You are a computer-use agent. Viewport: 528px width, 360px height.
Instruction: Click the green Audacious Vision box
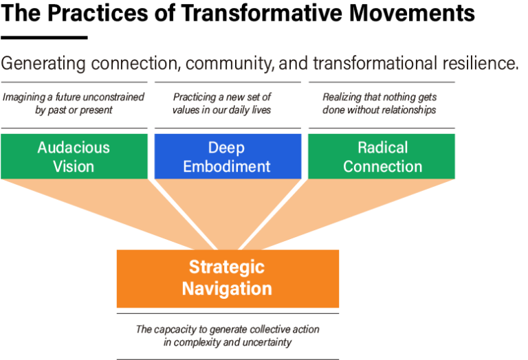74,156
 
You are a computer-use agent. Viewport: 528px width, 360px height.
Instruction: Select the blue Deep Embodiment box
228,156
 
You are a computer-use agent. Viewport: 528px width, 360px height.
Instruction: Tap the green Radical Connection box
382,156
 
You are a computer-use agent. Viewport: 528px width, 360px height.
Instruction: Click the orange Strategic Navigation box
228,278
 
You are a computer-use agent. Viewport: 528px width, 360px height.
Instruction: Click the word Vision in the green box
74,166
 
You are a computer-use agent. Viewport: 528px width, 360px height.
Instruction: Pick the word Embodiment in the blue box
228,166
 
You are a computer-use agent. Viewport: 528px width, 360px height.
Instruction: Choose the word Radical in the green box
382,147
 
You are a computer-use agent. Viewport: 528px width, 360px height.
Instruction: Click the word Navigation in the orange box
227,289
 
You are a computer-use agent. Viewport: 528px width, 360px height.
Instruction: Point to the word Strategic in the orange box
227,267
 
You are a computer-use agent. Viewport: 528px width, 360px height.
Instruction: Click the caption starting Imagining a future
74,103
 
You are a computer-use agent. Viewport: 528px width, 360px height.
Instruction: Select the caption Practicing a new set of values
222,103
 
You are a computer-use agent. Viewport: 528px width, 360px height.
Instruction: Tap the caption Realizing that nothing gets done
380,103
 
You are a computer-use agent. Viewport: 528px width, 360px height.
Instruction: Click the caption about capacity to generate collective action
228,336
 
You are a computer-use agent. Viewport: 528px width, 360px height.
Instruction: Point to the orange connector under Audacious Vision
103,203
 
